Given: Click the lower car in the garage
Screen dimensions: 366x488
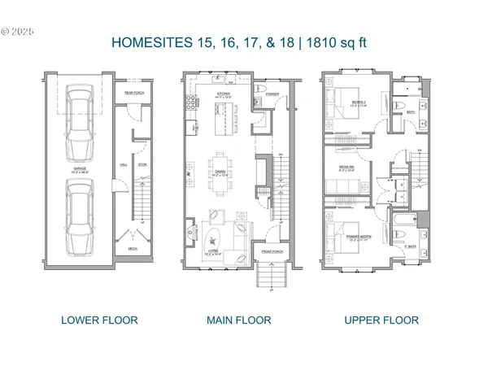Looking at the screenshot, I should pyautogui.click(x=79, y=216).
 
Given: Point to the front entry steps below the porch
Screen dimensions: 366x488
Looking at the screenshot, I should pyautogui.click(x=268, y=277).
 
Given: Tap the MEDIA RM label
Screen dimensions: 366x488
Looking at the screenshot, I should pyautogui.click(x=345, y=169).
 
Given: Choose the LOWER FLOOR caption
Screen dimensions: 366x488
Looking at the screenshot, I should pyautogui.click(x=99, y=320).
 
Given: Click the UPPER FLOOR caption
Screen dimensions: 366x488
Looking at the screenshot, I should pyautogui.click(x=381, y=320).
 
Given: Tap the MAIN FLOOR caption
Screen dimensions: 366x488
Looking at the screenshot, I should pyautogui.click(x=239, y=320).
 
